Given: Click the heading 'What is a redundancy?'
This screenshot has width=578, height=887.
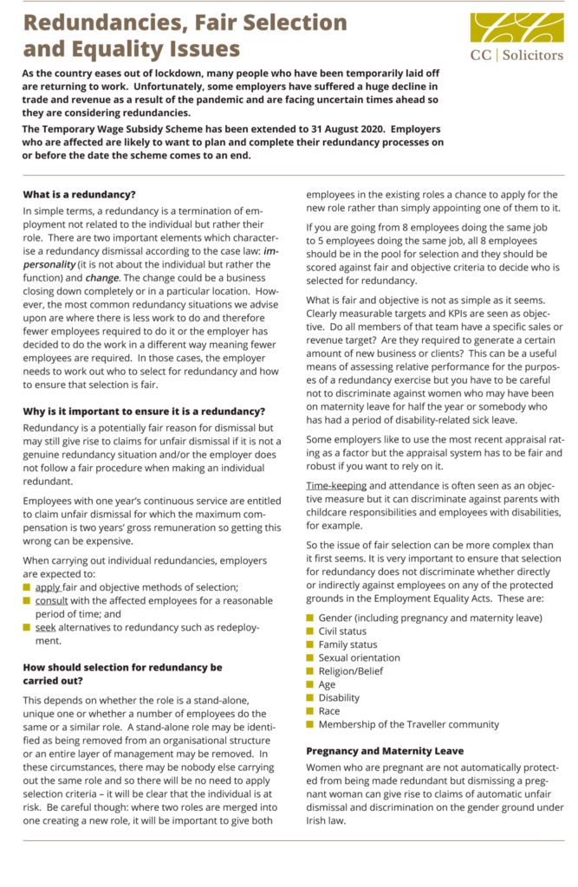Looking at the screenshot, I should [80, 194].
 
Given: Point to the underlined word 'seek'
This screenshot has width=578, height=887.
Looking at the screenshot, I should [45, 628].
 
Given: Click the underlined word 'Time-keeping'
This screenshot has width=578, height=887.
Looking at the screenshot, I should [336, 486].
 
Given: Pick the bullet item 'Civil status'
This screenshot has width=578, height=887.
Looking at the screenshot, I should [342, 631].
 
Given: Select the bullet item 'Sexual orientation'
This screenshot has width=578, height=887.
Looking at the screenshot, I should [359, 658].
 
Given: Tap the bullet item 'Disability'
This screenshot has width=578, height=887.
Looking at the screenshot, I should [339, 698].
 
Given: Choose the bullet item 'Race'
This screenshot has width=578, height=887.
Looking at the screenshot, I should [329, 711].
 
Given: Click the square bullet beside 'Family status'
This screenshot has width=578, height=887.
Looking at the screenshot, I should [310, 645].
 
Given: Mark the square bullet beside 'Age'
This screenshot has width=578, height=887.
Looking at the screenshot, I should [310, 685].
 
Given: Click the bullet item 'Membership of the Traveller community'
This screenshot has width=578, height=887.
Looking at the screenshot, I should [408, 725].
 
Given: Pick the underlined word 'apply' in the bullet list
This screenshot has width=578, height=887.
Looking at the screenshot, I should [48, 587].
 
